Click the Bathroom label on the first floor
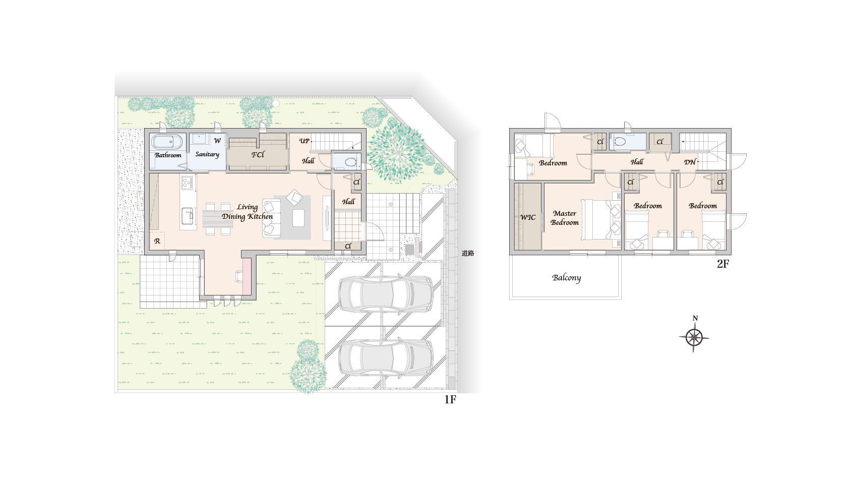click(168, 155)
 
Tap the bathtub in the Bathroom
click(167, 142)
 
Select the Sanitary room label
click(207, 154)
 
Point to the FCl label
click(258, 155)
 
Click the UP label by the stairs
click(305, 141)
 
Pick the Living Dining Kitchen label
click(247, 212)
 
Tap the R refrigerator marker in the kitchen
click(157, 241)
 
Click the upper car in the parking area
click(386, 294)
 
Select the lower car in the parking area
click(386, 357)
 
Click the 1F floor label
click(450, 400)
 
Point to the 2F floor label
click(723, 264)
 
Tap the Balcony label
click(567, 278)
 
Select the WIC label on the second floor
click(528, 217)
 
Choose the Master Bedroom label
click(565, 218)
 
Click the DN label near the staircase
click(690, 162)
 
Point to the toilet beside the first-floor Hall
click(350, 162)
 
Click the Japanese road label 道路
click(468, 253)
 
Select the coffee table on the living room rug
click(298, 218)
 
